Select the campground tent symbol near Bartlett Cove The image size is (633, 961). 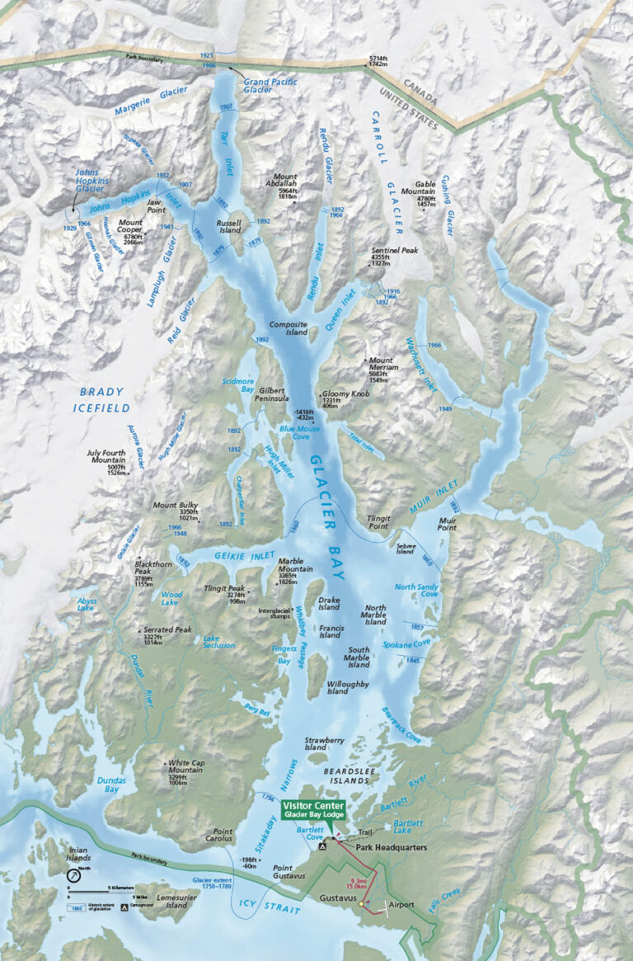coord(323,846)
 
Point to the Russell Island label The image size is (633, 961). coord(229,227)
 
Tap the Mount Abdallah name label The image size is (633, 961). coord(286,181)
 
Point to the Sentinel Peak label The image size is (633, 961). coord(395,249)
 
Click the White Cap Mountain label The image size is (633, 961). coord(191,768)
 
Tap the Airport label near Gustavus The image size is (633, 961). coord(401,905)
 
